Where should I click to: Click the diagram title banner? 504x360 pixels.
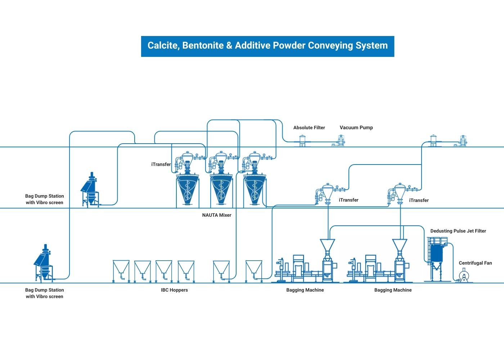267,46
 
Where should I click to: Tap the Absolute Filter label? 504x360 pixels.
309,127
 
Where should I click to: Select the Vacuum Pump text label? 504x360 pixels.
356,127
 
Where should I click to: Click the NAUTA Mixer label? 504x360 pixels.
217,215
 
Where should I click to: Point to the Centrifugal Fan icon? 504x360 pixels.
464,277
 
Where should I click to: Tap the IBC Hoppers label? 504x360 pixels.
174,290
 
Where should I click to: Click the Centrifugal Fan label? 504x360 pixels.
475,263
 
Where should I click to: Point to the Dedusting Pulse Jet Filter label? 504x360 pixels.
458,231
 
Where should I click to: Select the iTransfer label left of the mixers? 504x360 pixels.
161,164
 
